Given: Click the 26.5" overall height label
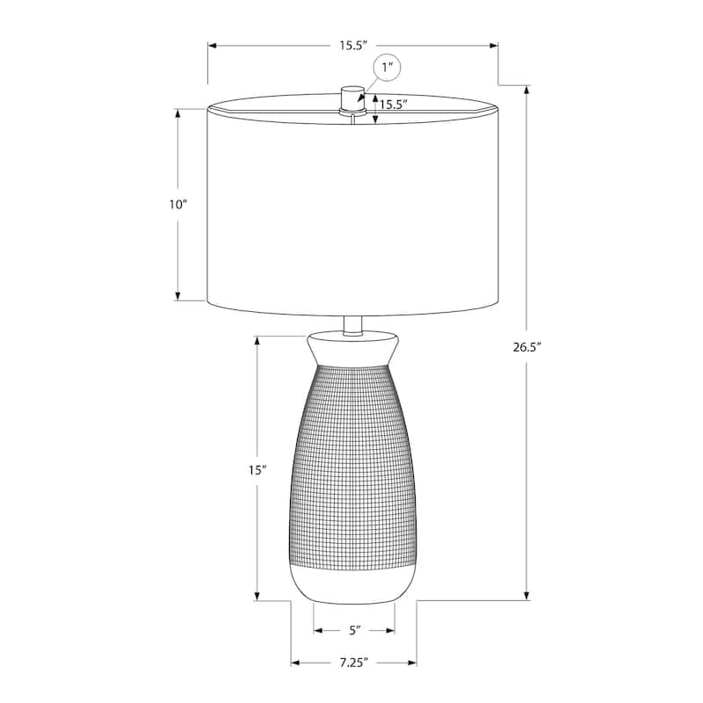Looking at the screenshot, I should point(526,346).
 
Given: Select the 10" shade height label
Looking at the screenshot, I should point(178,204).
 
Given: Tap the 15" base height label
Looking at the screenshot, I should point(257,470).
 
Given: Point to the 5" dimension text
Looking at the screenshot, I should point(355,630).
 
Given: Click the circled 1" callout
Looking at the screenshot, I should point(388,68).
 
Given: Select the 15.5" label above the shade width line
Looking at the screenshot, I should point(353,46).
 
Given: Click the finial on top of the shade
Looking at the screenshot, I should point(352,98).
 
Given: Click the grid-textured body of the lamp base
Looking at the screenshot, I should point(352,466).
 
